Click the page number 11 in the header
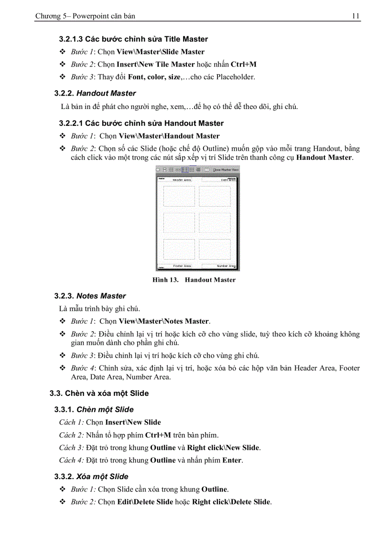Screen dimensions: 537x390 [356, 16]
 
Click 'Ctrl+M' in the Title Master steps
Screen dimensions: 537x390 [243, 64]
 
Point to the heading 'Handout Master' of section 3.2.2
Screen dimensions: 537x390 [106, 93]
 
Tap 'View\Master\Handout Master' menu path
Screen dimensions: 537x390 [169, 136]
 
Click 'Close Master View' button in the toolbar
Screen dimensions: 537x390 [226, 169]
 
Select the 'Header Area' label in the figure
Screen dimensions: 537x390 [182, 180]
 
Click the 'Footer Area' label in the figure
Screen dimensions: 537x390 [182, 266]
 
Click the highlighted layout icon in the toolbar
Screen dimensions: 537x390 [184, 169]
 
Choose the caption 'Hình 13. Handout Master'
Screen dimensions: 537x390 [194, 280]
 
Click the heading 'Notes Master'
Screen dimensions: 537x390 [101, 296]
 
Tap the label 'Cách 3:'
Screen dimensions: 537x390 [71, 448]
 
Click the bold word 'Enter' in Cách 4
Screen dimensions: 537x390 [232, 460]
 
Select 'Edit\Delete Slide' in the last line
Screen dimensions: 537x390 [145, 502]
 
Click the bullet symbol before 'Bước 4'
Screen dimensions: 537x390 [62, 368]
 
